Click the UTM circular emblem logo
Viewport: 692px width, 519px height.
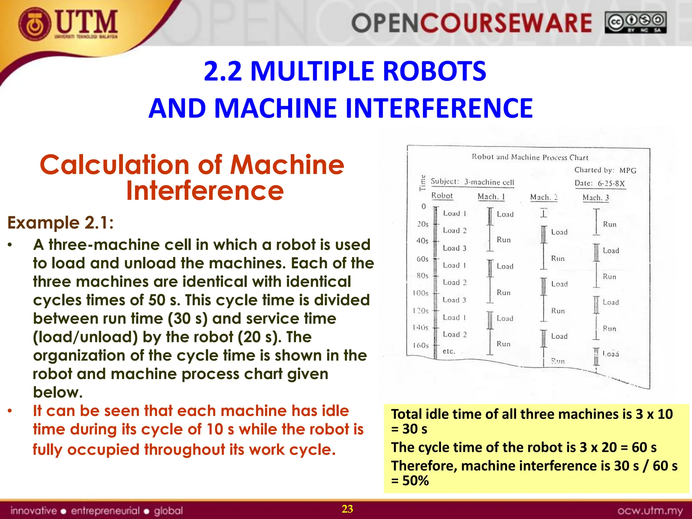[35, 24]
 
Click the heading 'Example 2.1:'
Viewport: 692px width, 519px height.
[60, 223]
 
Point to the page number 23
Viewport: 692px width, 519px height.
[347, 509]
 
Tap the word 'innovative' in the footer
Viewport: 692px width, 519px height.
[33, 511]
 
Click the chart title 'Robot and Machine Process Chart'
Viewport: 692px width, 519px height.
[530, 157]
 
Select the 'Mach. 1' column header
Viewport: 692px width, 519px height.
[491, 197]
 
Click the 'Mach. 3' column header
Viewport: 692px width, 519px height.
[596, 198]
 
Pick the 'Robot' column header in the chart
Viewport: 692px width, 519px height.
[442, 196]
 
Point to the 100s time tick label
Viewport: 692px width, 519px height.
[421, 293]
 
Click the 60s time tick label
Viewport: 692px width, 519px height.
[422, 259]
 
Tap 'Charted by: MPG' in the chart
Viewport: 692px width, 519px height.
[605, 170]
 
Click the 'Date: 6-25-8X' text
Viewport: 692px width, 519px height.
[600, 183]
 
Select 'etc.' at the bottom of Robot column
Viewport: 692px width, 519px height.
[449, 351]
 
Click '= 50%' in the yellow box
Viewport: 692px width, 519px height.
[410, 481]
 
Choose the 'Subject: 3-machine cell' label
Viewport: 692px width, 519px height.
[472, 182]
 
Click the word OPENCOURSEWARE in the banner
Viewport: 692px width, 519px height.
[471, 23]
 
